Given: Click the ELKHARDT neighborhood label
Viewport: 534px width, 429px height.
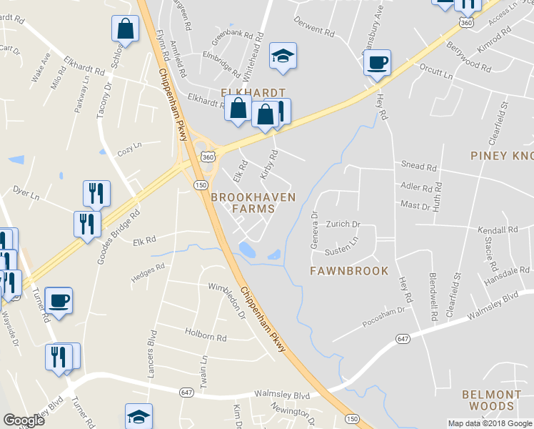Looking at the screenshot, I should point(253,93).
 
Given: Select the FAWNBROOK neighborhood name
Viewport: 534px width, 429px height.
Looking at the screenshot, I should point(349,271).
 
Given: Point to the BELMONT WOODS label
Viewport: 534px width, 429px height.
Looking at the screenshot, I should point(492,400).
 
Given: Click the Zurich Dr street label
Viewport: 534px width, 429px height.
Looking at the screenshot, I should point(343,224).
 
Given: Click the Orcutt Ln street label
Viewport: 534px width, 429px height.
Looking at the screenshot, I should point(436,72).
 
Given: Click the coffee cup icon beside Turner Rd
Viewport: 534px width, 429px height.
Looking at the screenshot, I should point(59,300).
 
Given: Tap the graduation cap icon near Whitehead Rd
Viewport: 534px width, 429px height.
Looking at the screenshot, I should point(283,56).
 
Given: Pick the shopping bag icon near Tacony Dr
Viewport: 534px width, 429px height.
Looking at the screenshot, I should point(125,29).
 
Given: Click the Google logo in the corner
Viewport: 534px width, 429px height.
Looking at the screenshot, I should point(24,420).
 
